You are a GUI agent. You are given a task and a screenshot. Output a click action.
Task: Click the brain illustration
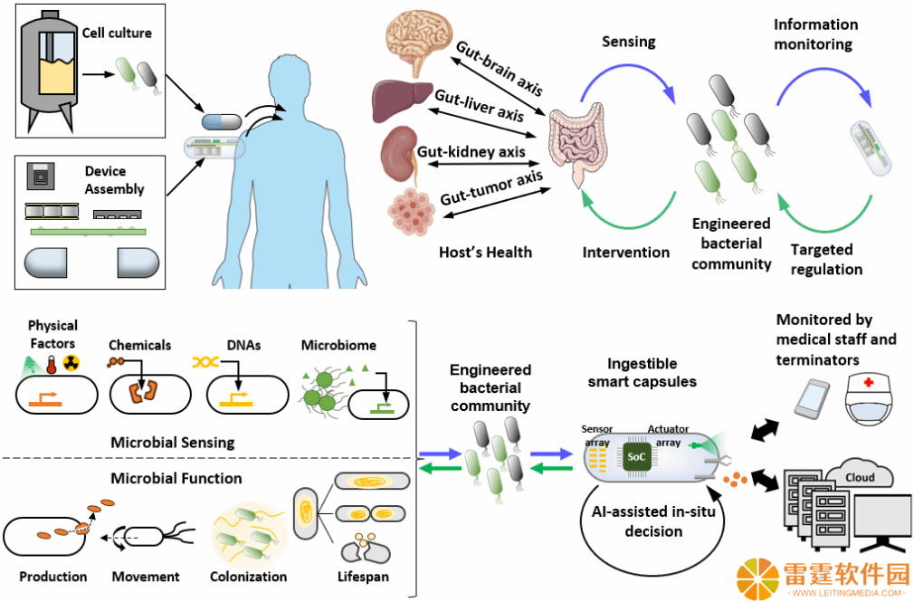pos(419,41)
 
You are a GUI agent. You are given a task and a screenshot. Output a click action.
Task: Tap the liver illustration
pos(402,101)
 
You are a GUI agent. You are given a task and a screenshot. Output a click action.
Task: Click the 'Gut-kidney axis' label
pos(471,152)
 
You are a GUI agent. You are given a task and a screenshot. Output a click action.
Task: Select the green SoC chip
pos(636,457)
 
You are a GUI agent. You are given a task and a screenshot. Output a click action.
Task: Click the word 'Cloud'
pos(860,477)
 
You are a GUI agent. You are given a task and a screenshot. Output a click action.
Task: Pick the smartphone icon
pos(812,397)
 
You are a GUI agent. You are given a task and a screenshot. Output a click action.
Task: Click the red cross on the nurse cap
pos(869,382)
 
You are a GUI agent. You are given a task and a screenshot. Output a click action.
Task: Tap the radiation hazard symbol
pos(71,363)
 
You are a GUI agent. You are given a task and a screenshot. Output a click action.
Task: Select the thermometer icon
pos(52,364)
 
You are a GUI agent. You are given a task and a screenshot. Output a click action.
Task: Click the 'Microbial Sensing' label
pos(173,442)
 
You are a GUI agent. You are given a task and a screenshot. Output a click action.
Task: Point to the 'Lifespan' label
pos(363,577)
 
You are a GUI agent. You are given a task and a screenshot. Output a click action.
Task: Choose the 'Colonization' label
pos(248,577)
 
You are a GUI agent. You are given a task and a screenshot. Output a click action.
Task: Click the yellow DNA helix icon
pos(205,363)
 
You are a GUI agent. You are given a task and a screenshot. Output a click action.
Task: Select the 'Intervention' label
pos(626,252)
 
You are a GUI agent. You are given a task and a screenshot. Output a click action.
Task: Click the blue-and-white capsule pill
pos(222,121)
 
